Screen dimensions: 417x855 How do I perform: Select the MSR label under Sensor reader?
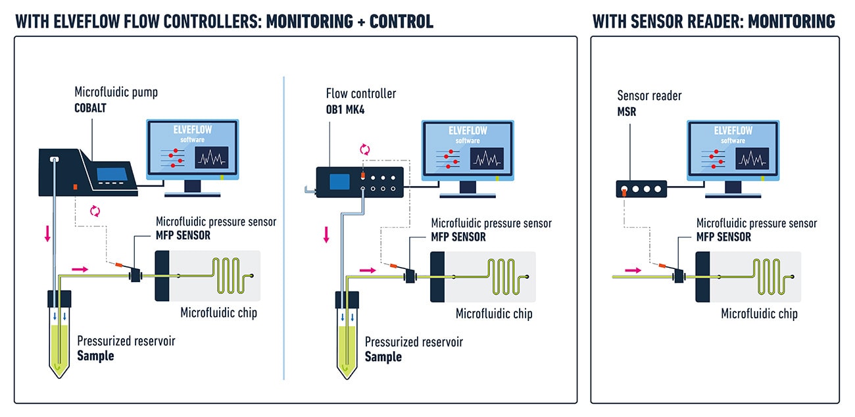click(627, 112)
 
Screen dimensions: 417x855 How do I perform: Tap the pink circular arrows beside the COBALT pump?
click(95, 210)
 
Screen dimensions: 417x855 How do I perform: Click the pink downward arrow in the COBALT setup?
click(47, 233)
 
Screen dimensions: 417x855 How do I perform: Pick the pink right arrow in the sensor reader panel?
click(631, 270)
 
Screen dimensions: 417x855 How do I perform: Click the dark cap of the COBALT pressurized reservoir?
click(59, 298)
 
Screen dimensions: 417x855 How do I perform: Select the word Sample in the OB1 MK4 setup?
click(383, 356)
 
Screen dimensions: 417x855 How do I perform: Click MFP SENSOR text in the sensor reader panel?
click(723, 237)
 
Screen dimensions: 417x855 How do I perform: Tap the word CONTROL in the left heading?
click(401, 22)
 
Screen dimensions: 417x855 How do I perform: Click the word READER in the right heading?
click(695, 22)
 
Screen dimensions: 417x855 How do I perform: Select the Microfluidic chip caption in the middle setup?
click(494, 314)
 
